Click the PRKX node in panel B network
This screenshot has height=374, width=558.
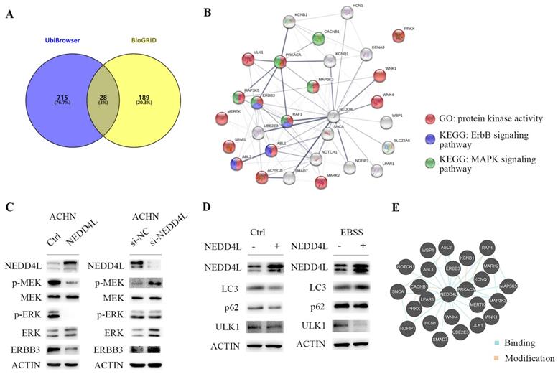point(398,36)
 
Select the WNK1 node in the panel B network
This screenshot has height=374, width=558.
point(379,76)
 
